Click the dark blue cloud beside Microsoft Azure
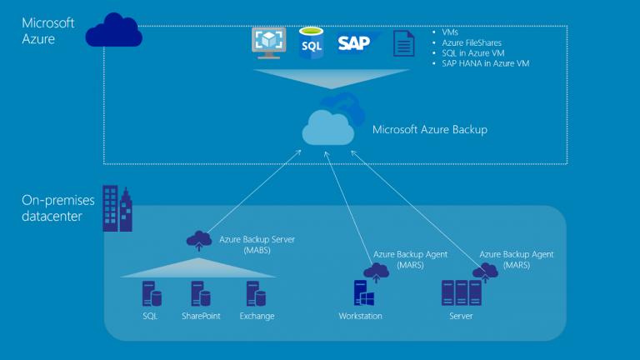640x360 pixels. coord(114,31)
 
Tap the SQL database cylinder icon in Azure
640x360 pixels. coord(312,42)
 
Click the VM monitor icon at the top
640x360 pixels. coord(269,42)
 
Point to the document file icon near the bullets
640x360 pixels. coord(404,43)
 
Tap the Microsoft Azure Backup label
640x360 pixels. coord(429,129)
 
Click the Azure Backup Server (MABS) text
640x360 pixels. coord(257,244)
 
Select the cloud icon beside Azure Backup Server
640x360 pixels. coord(198,241)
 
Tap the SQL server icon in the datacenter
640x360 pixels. coord(151,294)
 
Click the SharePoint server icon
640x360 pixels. coord(200,294)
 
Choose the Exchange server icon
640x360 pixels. coord(256,294)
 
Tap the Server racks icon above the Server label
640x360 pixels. coord(462,293)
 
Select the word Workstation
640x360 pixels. coord(360,317)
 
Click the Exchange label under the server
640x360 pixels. coord(257,317)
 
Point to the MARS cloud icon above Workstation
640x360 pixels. coord(377,271)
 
